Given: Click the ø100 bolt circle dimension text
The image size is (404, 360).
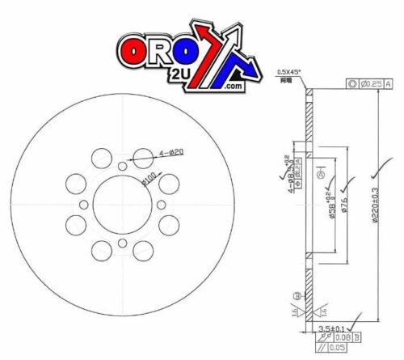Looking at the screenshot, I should point(149,177).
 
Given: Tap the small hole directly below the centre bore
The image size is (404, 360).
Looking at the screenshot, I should point(121,243).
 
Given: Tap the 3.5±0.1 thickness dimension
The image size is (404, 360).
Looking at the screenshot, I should point(331,328).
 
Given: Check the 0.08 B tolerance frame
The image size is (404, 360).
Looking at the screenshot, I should point(338,339).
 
